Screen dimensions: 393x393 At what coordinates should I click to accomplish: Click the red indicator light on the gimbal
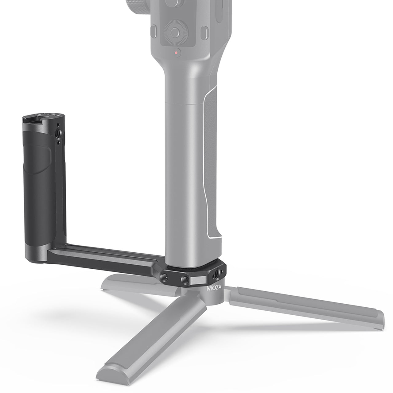[176, 53]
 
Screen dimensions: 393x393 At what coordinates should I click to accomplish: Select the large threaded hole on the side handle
[58, 133]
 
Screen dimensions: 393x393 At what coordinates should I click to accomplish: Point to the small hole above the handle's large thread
[58, 124]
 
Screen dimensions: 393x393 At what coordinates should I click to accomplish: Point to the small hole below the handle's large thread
[59, 143]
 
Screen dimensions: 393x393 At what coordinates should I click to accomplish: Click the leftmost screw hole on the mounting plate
[165, 277]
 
